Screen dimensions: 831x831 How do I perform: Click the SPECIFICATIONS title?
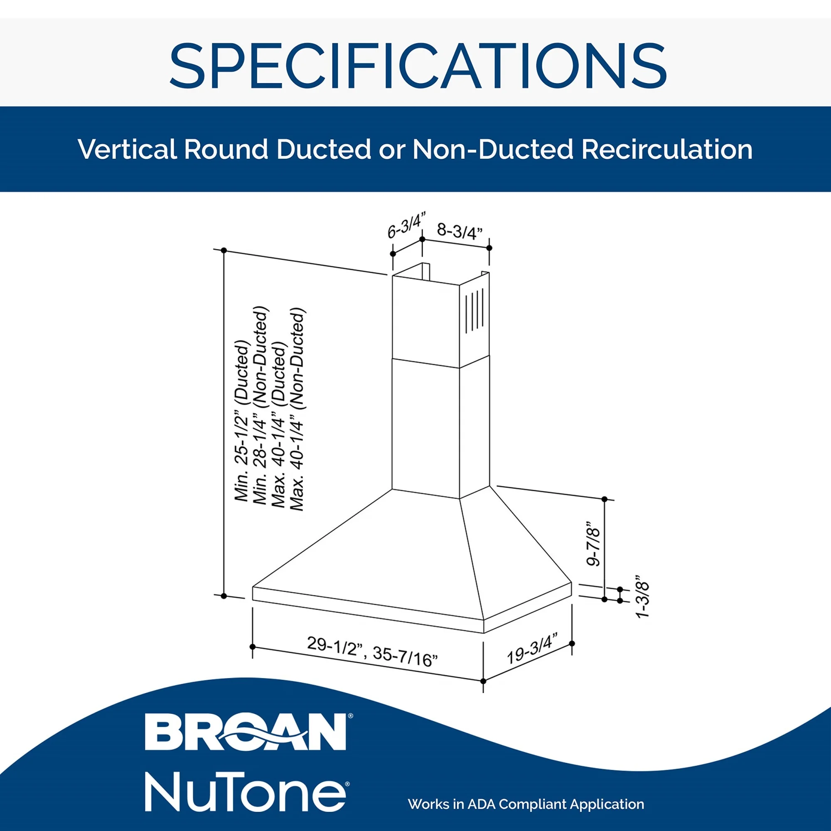[418, 65]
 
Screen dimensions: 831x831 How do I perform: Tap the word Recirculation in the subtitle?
[667, 149]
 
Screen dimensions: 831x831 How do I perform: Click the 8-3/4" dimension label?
[460, 231]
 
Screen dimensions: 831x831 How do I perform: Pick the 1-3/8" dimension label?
[642, 596]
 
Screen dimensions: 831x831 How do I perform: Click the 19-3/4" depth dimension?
[532, 649]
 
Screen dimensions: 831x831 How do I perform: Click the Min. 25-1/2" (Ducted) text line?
[242, 420]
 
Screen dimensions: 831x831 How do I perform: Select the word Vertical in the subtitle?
[127, 149]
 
